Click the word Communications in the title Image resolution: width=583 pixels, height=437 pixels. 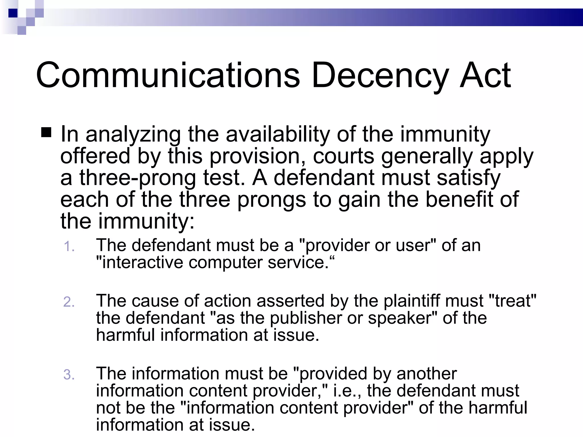coord(168,75)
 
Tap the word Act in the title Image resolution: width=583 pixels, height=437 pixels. coord(486,75)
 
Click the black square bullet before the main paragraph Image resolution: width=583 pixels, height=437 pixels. coord(46,132)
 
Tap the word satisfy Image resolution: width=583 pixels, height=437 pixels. coord(469,178)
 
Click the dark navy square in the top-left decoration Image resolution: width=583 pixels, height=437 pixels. coord(13,13)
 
